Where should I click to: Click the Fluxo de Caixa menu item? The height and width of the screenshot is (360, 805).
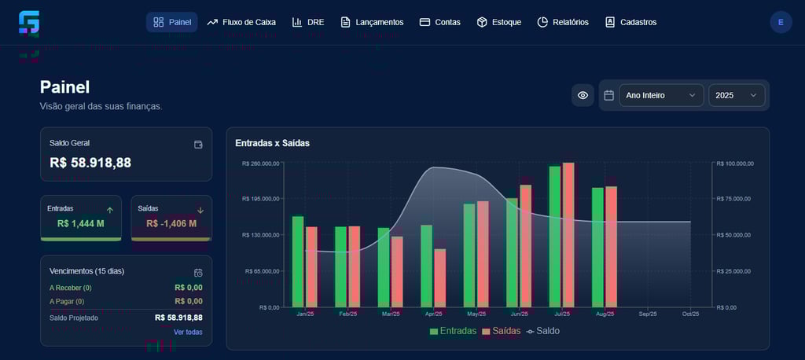(x=241, y=22)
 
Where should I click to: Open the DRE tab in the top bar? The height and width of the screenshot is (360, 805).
(x=308, y=22)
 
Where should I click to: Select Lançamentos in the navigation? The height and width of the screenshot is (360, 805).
(x=372, y=22)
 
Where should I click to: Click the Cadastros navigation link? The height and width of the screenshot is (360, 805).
(x=630, y=22)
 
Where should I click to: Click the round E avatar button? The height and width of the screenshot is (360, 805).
(x=781, y=22)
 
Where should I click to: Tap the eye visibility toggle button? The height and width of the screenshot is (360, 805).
(x=583, y=95)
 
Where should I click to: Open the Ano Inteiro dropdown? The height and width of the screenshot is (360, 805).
(x=661, y=95)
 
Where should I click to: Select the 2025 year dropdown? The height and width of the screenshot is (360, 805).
(x=737, y=95)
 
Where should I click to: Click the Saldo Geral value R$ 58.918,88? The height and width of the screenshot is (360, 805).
(x=90, y=163)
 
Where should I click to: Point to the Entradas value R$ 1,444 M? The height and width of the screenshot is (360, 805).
(x=81, y=223)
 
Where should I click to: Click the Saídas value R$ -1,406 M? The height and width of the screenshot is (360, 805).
(x=171, y=223)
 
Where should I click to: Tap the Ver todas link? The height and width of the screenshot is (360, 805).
(x=188, y=332)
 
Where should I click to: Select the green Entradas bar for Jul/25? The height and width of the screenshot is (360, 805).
(x=555, y=236)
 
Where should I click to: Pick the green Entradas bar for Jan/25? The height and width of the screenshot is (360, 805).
(x=298, y=261)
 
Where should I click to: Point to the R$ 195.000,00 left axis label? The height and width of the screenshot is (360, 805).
(x=260, y=199)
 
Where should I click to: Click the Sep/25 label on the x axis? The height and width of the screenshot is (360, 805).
(x=648, y=314)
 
